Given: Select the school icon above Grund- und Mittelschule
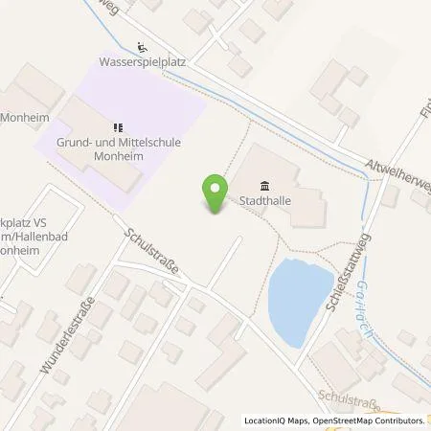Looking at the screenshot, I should (x=117, y=126).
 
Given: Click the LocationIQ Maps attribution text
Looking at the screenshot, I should (x=276, y=420).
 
